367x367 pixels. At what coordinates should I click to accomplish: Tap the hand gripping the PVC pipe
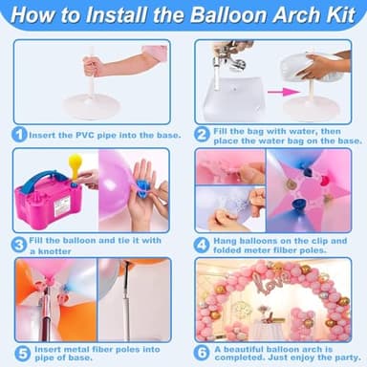tap(93, 66)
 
